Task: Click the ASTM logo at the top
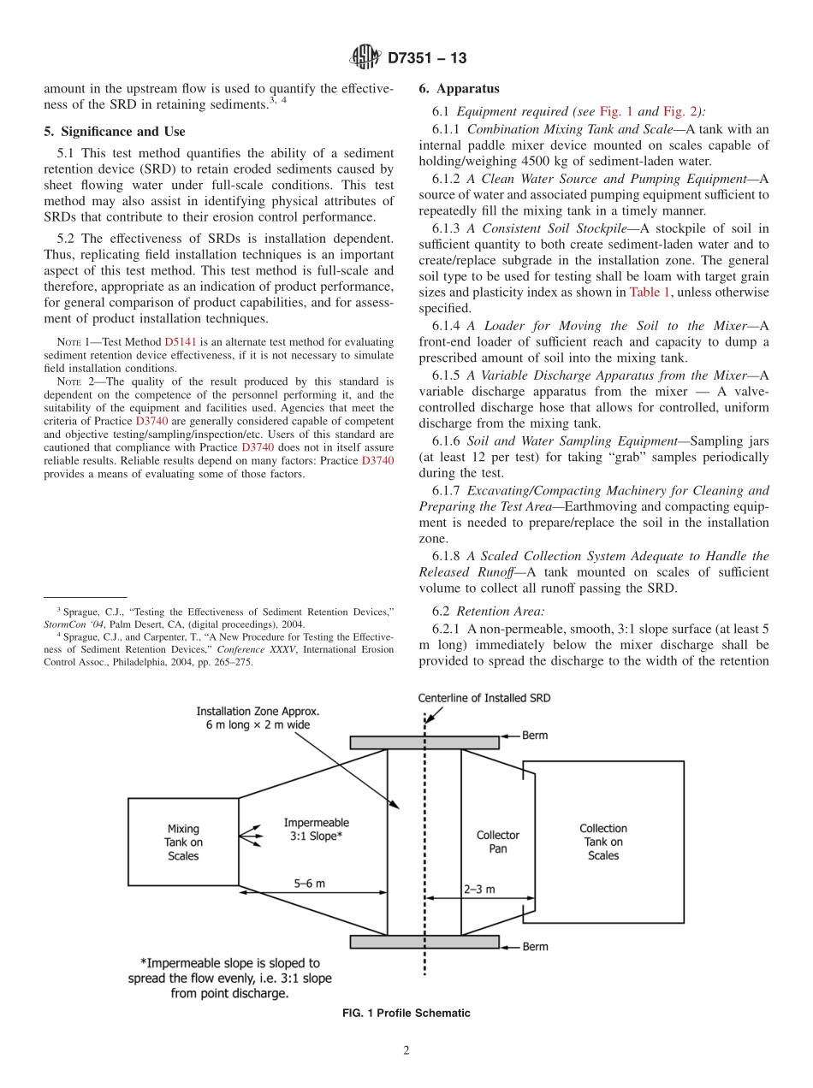point(365,59)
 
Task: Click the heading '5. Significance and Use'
point(114,131)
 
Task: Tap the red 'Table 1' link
point(650,293)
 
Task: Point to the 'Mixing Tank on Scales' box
point(182,842)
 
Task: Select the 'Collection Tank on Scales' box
point(602,842)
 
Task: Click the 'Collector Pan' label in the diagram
point(498,842)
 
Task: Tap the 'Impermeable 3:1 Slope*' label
point(316,830)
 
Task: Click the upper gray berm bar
point(424,742)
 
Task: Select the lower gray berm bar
point(424,942)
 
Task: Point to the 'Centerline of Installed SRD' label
point(484,698)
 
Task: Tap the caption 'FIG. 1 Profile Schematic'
point(406,1013)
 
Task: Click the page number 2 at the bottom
point(406,1051)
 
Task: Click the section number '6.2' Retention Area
point(441,612)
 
